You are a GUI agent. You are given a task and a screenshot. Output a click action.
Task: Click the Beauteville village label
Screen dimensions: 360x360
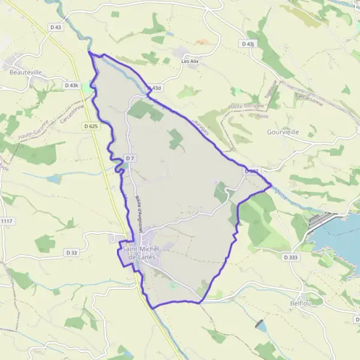26,72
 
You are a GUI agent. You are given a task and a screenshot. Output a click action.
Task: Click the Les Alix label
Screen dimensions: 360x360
190,61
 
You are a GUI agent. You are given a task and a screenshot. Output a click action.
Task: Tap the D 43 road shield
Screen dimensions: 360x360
56,27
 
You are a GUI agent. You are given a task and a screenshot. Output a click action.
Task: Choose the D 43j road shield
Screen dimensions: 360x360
247,44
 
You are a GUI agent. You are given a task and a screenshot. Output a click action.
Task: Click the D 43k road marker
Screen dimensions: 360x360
71,86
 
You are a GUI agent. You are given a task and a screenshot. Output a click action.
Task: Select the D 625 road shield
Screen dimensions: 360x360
91,126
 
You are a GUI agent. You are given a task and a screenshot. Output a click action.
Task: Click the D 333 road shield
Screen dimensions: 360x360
290,256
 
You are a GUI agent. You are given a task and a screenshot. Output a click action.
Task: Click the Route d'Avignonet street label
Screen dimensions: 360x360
140,209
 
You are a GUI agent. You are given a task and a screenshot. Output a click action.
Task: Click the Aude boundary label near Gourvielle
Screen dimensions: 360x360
262,116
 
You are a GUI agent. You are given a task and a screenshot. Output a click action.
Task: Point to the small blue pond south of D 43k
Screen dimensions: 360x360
53,179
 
